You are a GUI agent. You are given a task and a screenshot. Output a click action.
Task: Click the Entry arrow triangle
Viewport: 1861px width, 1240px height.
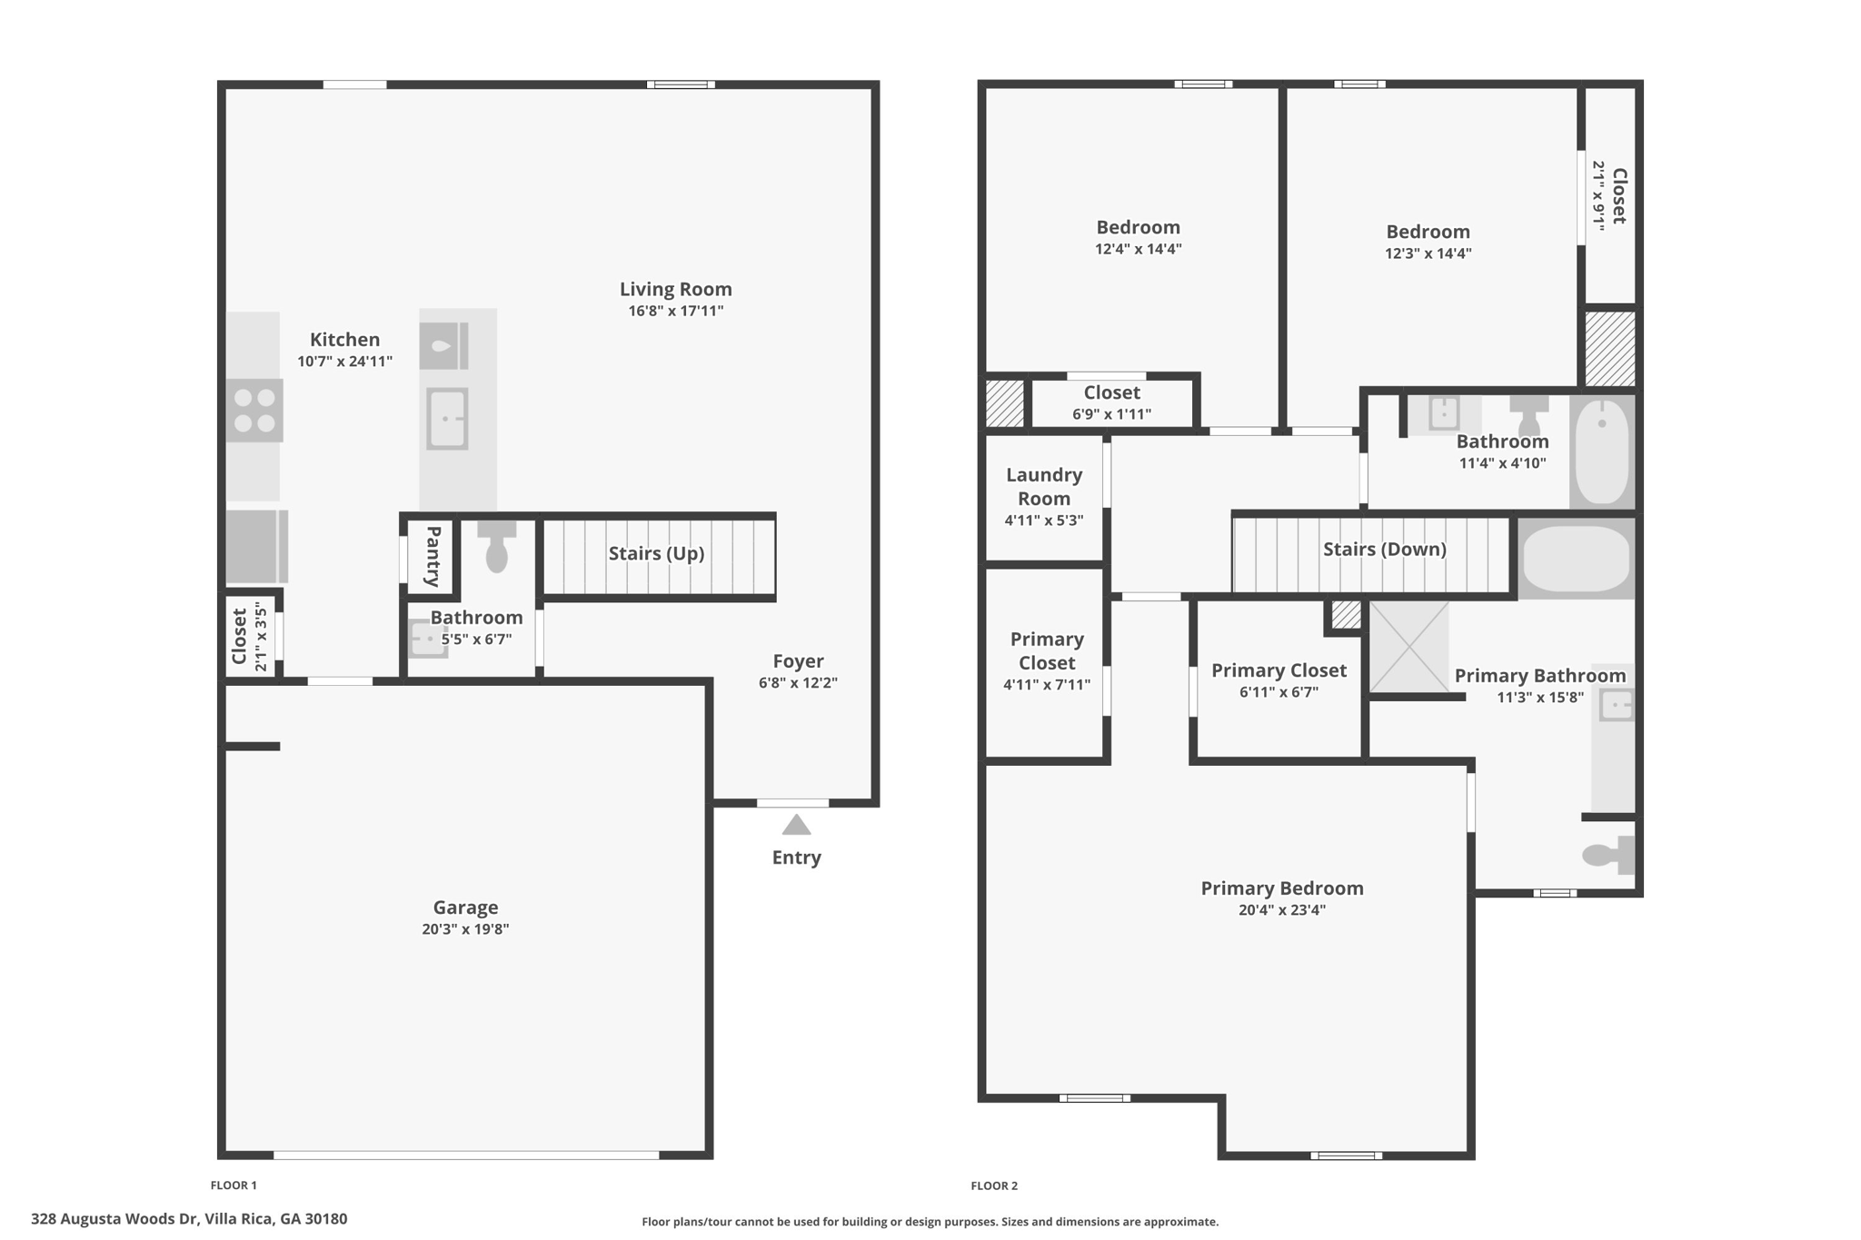pos(796,825)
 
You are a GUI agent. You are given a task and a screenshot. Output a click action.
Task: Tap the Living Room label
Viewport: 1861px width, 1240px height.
pos(675,289)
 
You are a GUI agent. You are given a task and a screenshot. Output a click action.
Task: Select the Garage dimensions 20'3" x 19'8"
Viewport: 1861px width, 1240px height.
pos(465,929)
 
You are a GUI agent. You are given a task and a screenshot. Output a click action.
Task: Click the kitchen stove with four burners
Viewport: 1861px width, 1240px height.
pos(254,411)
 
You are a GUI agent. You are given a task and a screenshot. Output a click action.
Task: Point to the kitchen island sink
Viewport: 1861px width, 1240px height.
pos(447,419)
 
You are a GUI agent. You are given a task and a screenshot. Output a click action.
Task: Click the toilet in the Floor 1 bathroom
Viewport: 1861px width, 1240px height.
pos(496,545)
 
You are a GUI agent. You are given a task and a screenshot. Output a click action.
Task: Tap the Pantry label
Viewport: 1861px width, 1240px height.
pos(433,556)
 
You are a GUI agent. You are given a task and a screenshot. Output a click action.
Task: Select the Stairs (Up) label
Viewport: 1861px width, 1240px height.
pos(656,553)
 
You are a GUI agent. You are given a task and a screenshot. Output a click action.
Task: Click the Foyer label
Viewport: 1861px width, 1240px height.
pos(798,661)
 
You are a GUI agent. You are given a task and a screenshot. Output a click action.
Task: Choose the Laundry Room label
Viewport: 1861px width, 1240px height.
pos(1044,486)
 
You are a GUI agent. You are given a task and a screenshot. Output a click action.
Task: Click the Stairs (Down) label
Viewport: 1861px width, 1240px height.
pos(1384,549)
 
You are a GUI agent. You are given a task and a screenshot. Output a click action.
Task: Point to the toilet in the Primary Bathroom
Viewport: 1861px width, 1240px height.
pos(1607,855)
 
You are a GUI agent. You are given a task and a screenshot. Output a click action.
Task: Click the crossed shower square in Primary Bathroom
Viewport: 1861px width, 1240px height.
pos(1408,646)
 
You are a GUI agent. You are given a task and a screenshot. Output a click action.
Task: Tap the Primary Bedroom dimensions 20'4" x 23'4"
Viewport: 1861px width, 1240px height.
pos(1281,910)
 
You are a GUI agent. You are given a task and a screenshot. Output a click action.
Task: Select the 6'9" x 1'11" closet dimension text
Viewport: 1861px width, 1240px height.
pos(1111,414)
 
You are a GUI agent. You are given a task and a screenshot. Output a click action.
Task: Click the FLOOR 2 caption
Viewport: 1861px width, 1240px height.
pos(994,1185)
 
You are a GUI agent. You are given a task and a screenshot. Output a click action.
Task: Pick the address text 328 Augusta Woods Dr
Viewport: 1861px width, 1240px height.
pos(114,1219)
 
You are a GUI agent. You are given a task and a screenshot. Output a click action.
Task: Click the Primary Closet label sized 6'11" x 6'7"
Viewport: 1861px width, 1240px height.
pos(1279,670)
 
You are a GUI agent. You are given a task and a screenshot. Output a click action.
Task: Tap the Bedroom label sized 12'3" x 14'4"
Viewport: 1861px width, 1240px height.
pos(1428,232)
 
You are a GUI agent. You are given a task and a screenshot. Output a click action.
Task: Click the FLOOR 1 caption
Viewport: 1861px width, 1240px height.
pos(234,1185)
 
